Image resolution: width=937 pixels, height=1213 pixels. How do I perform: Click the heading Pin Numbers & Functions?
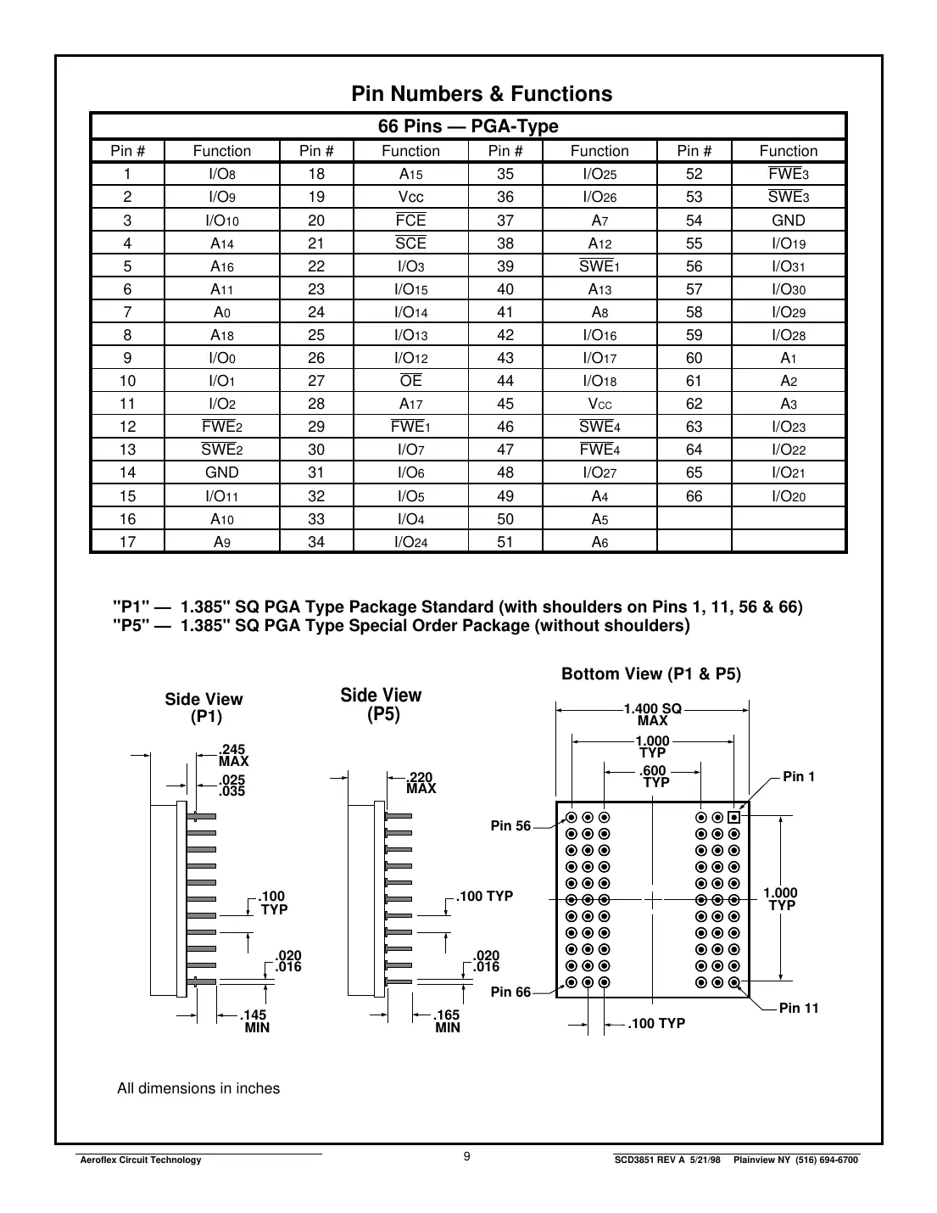point(482,93)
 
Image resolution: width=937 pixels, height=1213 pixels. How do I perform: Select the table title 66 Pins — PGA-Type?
point(468,126)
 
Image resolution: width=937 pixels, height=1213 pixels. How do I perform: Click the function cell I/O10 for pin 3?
point(221,221)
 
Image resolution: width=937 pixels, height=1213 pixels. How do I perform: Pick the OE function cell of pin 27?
point(410,381)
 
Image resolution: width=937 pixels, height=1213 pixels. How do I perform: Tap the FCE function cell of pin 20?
point(410,221)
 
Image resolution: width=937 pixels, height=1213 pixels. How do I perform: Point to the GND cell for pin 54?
point(788,221)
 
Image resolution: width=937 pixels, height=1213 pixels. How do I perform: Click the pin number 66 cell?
point(694,496)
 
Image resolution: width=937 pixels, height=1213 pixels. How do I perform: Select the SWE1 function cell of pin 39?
point(600,266)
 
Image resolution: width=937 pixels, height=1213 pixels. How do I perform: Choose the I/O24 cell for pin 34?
point(410,542)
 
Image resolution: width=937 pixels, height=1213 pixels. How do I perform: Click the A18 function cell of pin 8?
point(221,335)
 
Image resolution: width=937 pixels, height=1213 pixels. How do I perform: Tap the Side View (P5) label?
point(382,705)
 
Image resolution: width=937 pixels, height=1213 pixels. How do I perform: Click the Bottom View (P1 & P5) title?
point(650,674)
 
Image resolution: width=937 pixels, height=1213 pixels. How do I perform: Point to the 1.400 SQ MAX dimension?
point(652,714)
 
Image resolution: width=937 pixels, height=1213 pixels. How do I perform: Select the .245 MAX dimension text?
point(233,755)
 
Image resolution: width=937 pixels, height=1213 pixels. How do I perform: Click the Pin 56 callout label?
point(510,826)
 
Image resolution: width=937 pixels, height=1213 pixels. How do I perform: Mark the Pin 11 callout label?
point(798,1008)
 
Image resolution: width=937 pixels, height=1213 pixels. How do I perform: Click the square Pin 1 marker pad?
point(734,818)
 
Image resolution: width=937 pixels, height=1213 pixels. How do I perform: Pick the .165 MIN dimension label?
point(447,1020)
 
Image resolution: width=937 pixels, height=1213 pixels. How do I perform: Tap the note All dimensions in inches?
point(198,1088)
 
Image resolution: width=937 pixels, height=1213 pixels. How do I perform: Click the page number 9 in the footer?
point(467,1157)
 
